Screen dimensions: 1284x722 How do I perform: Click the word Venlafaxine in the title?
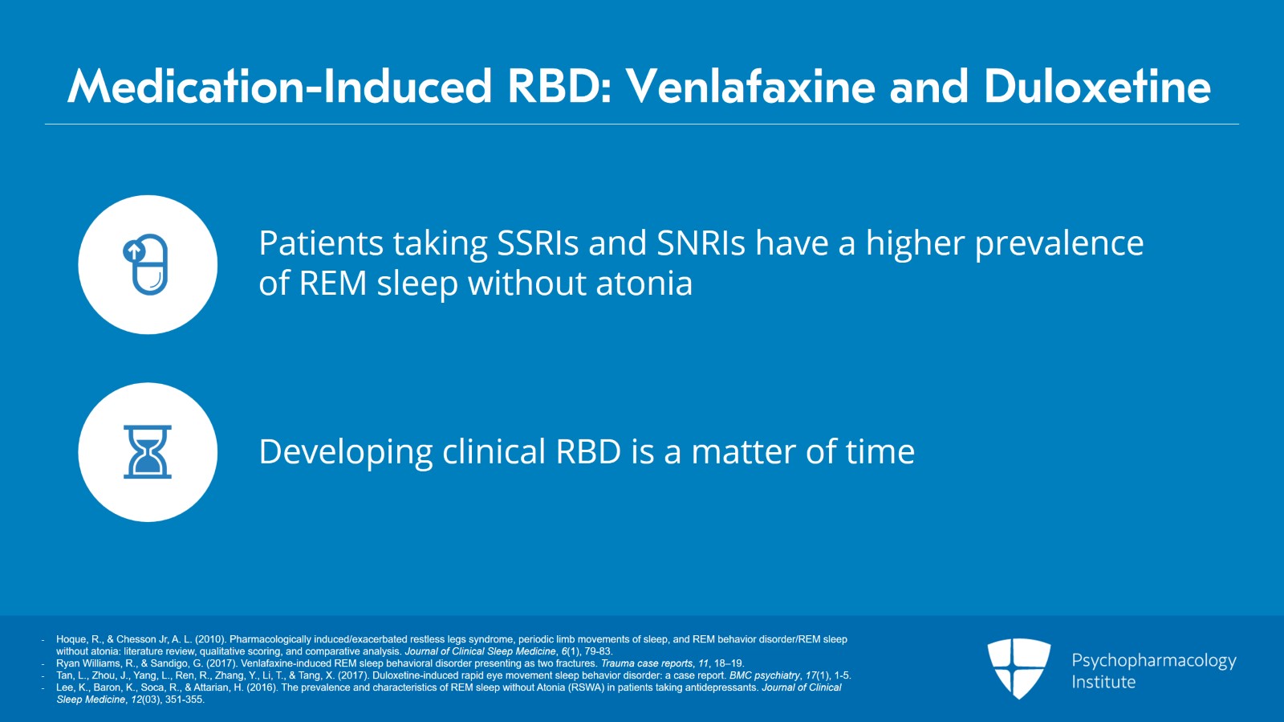click(x=750, y=86)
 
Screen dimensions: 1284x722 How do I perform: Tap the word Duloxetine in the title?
click(x=1097, y=86)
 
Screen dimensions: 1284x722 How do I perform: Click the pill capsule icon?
click(x=145, y=264)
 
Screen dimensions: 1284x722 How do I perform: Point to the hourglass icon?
click(x=148, y=452)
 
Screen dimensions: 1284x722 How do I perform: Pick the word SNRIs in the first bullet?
click(x=701, y=243)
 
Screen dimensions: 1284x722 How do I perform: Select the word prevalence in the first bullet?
click(x=1059, y=243)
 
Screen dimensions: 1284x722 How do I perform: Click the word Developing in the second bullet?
click(x=346, y=452)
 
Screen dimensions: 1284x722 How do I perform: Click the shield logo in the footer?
click(x=1018, y=668)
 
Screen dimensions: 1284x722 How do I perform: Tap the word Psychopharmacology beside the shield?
click(x=1154, y=661)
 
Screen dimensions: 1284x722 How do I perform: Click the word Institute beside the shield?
click(x=1103, y=682)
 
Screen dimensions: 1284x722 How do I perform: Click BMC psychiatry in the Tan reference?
click(x=764, y=675)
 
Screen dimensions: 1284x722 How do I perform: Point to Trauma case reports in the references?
click(x=646, y=663)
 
